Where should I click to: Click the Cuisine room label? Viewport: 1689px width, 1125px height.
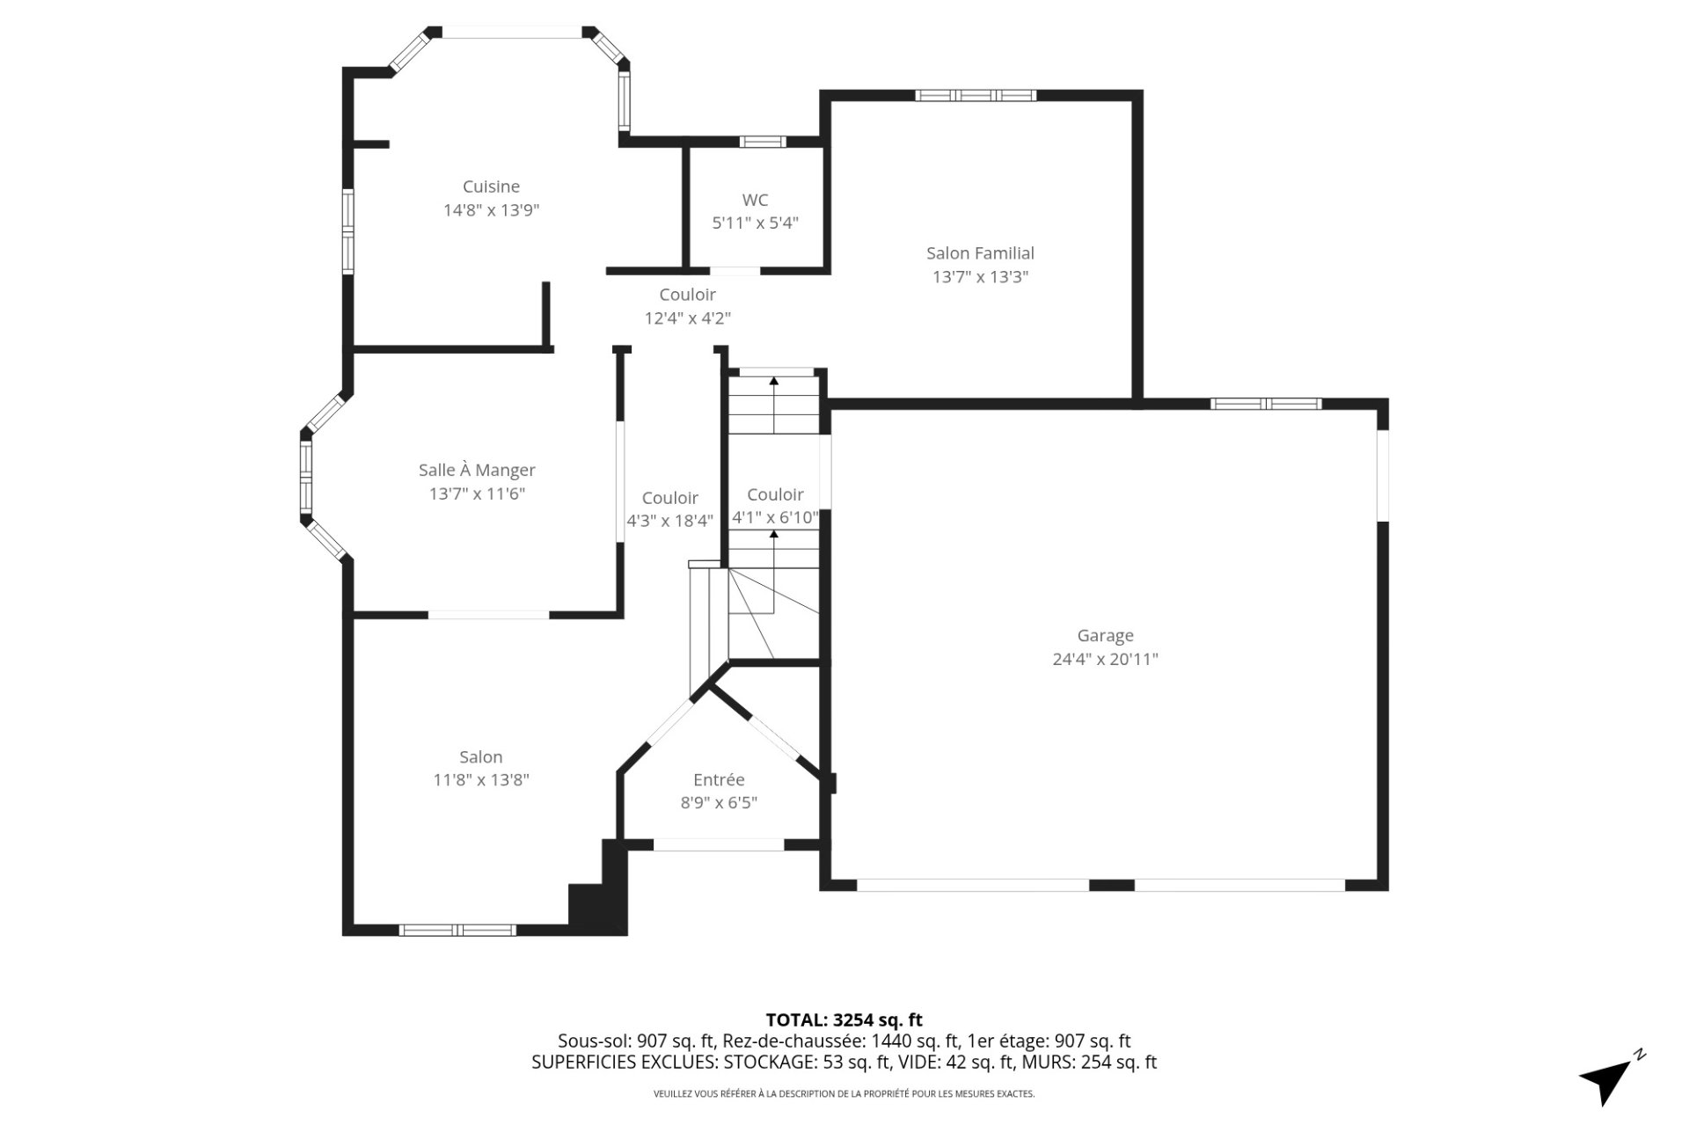coord(491,186)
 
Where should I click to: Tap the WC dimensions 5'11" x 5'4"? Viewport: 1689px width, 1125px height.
coord(755,223)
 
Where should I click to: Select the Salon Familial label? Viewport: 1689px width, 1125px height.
coord(980,253)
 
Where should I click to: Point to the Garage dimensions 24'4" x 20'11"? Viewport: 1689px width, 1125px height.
coord(1105,659)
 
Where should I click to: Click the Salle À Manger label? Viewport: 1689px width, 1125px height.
coord(477,471)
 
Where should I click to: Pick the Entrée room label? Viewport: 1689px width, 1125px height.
coord(719,779)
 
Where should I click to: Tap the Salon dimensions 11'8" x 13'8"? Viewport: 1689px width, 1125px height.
coord(480,780)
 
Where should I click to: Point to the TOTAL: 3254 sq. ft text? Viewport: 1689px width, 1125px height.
coord(844,1020)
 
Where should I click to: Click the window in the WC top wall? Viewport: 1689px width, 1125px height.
coord(762,141)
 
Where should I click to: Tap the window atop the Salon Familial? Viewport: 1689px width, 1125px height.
coord(975,95)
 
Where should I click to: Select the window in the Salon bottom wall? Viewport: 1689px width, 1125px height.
coord(457,930)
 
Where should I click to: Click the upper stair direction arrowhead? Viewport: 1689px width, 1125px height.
coord(773,381)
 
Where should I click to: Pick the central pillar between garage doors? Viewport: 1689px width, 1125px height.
coord(1111,885)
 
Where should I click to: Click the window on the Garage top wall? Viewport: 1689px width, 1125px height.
coord(1265,404)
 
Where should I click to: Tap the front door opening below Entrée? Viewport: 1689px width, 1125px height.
coord(719,844)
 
